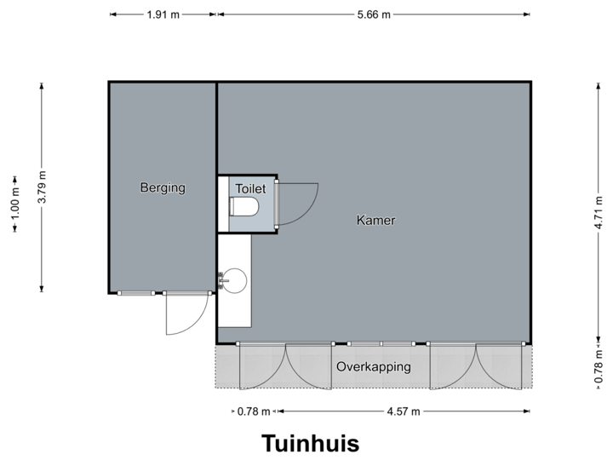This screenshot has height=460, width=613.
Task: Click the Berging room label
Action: tap(163, 188)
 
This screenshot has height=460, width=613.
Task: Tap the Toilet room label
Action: tap(251, 188)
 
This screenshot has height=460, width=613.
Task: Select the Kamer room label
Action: tap(375, 221)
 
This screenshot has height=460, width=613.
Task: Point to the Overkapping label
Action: tap(374, 368)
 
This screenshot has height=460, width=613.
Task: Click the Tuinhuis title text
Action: tap(310, 444)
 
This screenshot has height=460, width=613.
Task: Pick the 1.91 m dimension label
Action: tap(162, 14)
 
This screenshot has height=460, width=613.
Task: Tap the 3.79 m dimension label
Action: tap(42, 187)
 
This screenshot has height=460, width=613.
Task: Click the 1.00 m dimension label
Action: tap(14, 205)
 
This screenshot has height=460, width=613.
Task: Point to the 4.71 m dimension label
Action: tap(599, 212)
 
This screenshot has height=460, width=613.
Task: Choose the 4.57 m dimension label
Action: tap(404, 412)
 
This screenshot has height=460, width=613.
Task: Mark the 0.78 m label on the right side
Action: tap(599, 365)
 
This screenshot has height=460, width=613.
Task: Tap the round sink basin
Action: tap(234, 279)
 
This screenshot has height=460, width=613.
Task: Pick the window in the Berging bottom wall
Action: tap(136, 293)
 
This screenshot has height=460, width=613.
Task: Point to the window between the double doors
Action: tap(381, 343)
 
